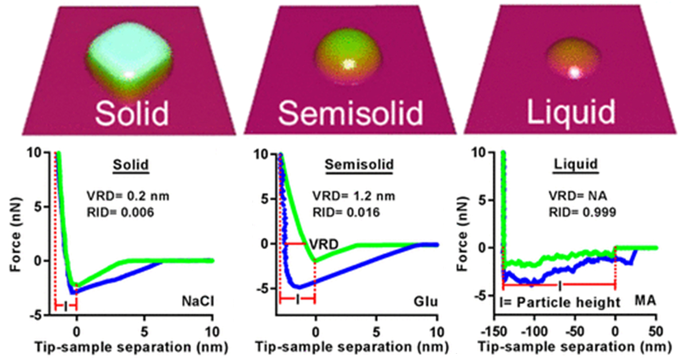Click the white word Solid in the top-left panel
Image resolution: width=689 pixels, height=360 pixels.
(x=133, y=113)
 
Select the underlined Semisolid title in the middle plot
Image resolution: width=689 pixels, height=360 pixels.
(x=359, y=165)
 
